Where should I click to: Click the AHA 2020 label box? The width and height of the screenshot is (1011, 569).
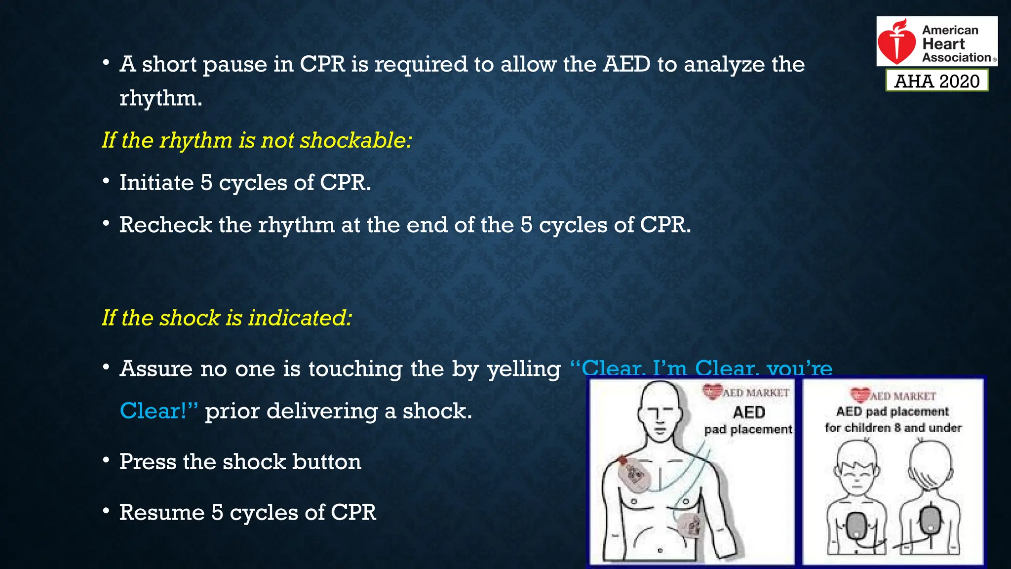(936, 81)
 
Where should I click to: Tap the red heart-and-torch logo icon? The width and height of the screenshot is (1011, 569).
(897, 42)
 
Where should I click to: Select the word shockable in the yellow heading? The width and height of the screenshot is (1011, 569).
(355, 141)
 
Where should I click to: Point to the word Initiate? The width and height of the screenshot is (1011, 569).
(156, 183)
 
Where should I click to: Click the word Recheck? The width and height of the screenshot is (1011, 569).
(165, 225)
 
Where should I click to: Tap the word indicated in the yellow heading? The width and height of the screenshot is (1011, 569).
(300, 318)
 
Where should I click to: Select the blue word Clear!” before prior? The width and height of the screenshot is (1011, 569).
(158, 411)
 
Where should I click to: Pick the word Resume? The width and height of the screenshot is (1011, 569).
(161, 513)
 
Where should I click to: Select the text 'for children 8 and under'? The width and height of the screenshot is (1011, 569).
(893, 428)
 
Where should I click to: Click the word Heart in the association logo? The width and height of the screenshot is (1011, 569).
(943, 44)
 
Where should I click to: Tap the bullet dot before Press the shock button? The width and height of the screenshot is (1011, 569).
(106, 460)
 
